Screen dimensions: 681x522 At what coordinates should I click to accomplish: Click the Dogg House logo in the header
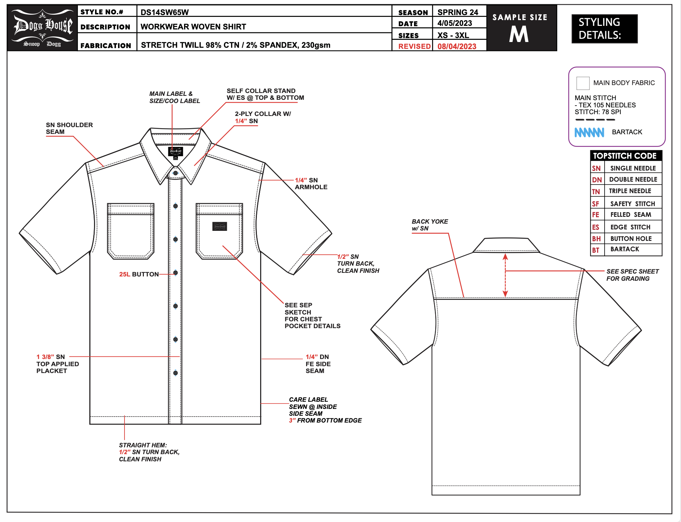pyautogui.click(x=43, y=28)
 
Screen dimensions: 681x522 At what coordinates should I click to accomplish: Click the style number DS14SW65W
pyautogui.click(x=164, y=12)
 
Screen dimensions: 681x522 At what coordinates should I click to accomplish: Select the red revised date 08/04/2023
pyautogui.click(x=456, y=46)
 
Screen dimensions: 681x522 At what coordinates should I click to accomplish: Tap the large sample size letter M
pyautogui.click(x=519, y=34)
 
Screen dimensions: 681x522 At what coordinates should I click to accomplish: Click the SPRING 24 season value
pyautogui.click(x=457, y=12)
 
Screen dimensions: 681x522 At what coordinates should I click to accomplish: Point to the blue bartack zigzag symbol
pyautogui.click(x=589, y=132)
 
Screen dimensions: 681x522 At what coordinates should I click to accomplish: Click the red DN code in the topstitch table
pyautogui.click(x=597, y=180)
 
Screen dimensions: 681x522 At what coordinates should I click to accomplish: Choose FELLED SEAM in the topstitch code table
pyautogui.click(x=630, y=215)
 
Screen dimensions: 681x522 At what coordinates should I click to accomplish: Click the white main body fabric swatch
pyautogui.click(x=583, y=83)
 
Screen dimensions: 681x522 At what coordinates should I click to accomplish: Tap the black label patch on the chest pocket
pyautogui.click(x=220, y=227)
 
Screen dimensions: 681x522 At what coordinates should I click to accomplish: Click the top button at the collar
pyautogui.click(x=175, y=173)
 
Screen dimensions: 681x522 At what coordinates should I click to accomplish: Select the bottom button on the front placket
pyautogui.click(x=175, y=373)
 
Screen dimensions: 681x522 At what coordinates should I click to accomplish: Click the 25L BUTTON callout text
pyautogui.click(x=139, y=274)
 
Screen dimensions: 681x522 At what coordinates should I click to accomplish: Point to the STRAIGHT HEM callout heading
pyautogui.click(x=143, y=445)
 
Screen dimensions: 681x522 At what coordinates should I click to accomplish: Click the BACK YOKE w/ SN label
pyautogui.click(x=429, y=225)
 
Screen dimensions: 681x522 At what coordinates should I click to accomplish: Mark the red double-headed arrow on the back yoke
pyautogui.click(x=505, y=275)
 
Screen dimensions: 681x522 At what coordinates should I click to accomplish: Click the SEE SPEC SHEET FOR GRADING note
pyautogui.click(x=632, y=275)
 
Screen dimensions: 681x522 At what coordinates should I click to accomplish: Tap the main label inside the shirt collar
pyautogui.click(x=175, y=152)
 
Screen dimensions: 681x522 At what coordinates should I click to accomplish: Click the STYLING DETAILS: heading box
pyautogui.click(x=604, y=29)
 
